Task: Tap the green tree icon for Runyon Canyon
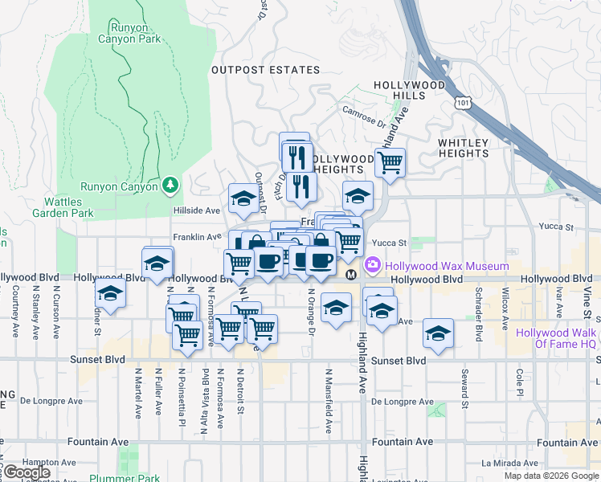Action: pyautogui.click(x=170, y=186)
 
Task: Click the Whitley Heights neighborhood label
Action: pyautogui.click(x=463, y=148)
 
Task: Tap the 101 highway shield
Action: pyautogui.click(x=463, y=102)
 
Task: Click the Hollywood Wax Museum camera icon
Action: pyautogui.click(x=373, y=265)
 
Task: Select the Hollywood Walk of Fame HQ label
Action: pyautogui.click(x=556, y=338)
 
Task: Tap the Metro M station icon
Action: pyautogui.click(x=351, y=276)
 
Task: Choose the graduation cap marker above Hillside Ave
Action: pyautogui.click(x=243, y=197)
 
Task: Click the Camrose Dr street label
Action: pyautogui.click(x=363, y=116)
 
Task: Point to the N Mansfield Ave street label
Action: pyautogui.click(x=329, y=394)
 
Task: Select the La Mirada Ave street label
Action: pyautogui.click(x=515, y=464)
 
